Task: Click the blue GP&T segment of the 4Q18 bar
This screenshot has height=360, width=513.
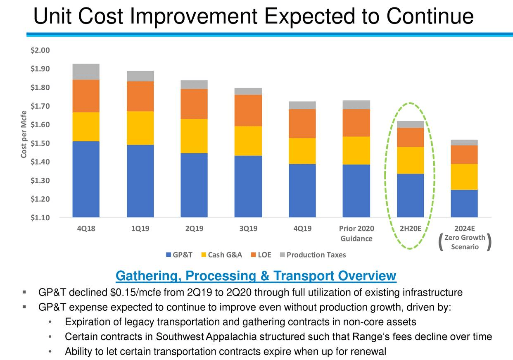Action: coord(85,179)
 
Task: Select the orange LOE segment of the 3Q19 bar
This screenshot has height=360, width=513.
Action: coord(248,110)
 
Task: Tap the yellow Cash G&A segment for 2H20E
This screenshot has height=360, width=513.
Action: coord(410,160)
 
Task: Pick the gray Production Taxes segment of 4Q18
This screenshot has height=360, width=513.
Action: coord(85,72)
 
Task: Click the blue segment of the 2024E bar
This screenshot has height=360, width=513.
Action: coord(464,203)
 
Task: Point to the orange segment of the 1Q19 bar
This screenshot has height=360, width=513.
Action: coord(140,96)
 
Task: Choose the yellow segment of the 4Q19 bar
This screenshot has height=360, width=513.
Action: coord(302,151)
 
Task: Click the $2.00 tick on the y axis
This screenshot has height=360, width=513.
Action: coord(40,50)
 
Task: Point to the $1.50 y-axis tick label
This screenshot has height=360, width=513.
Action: coord(40,143)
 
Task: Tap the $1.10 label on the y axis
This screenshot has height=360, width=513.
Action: coord(40,218)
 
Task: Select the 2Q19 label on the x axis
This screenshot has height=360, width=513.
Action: coord(194,229)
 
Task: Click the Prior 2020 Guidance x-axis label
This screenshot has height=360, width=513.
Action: coord(356,234)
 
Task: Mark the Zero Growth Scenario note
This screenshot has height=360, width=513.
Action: coord(464,242)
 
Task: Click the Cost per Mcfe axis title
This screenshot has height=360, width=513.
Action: coord(24,134)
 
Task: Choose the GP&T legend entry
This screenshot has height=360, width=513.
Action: coord(179,255)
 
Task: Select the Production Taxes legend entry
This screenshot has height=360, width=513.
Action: coord(312,255)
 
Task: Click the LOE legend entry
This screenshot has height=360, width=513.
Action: coord(261,255)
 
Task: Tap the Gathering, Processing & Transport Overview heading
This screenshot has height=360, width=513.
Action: coord(256,276)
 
